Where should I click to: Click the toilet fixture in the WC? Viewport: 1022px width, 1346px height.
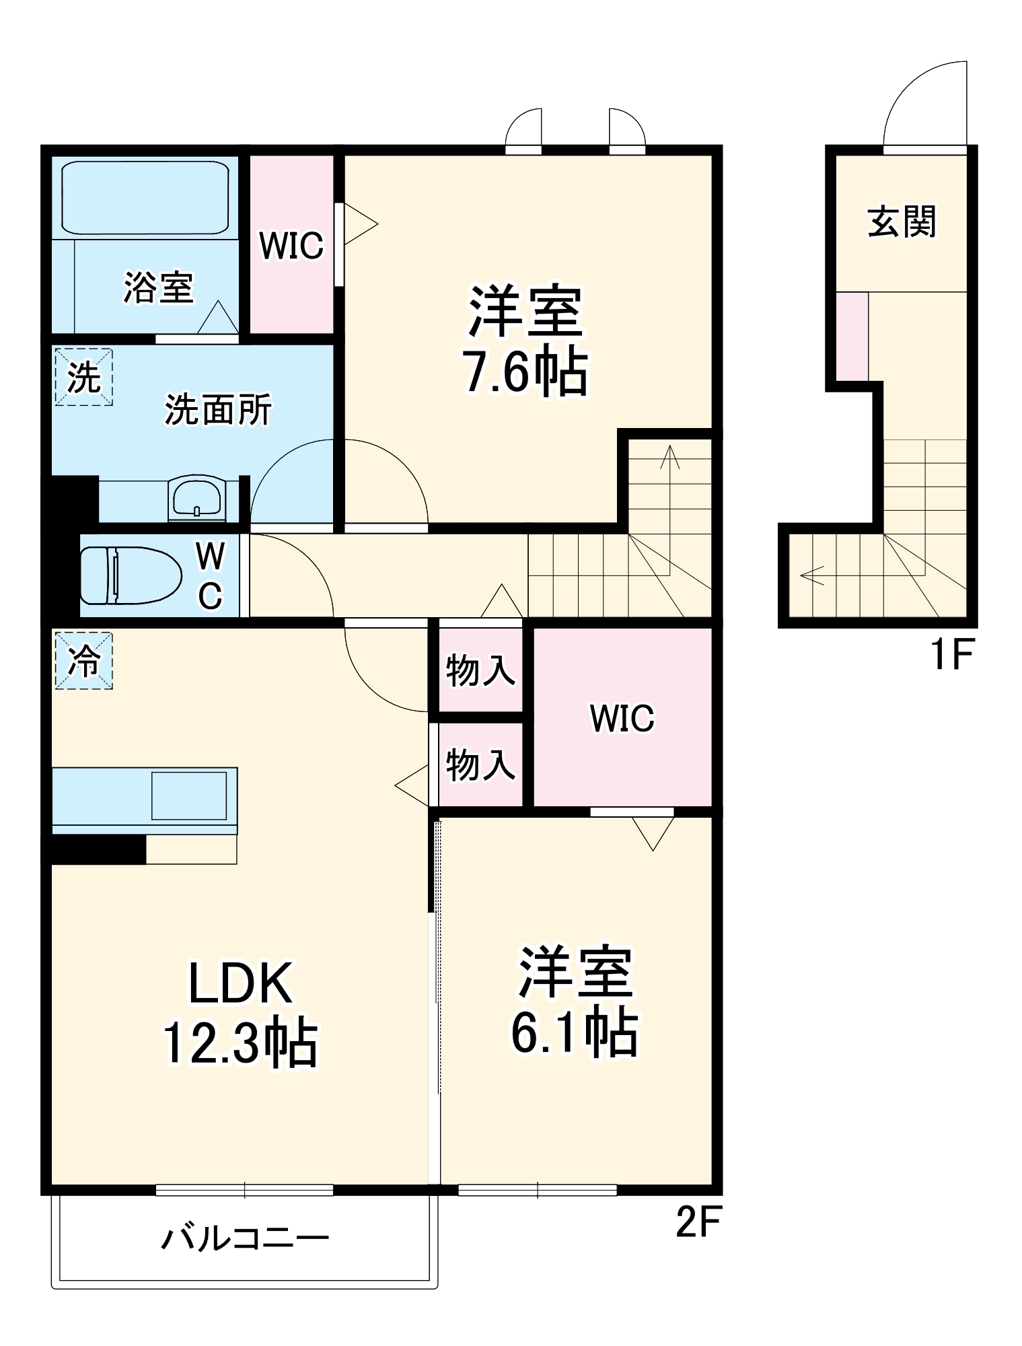[x=130, y=575]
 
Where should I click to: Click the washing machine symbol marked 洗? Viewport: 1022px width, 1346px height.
[x=83, y=376]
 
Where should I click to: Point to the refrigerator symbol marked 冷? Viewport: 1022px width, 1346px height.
[x=83, y=660]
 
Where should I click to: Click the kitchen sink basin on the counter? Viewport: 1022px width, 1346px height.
[x=188, y=795]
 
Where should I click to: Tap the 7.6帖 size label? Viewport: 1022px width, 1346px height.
[x=525, y=372]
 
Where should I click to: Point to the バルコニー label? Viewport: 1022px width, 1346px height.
[x=244, y=1238]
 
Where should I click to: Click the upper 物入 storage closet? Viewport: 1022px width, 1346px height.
[x=480, y=670]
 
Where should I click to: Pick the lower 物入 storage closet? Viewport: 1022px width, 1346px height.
[x=480, y=765]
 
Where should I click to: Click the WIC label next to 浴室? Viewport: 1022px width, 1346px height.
[x=291, y=246]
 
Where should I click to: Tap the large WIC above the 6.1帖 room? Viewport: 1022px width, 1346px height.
[x=622, y=718]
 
